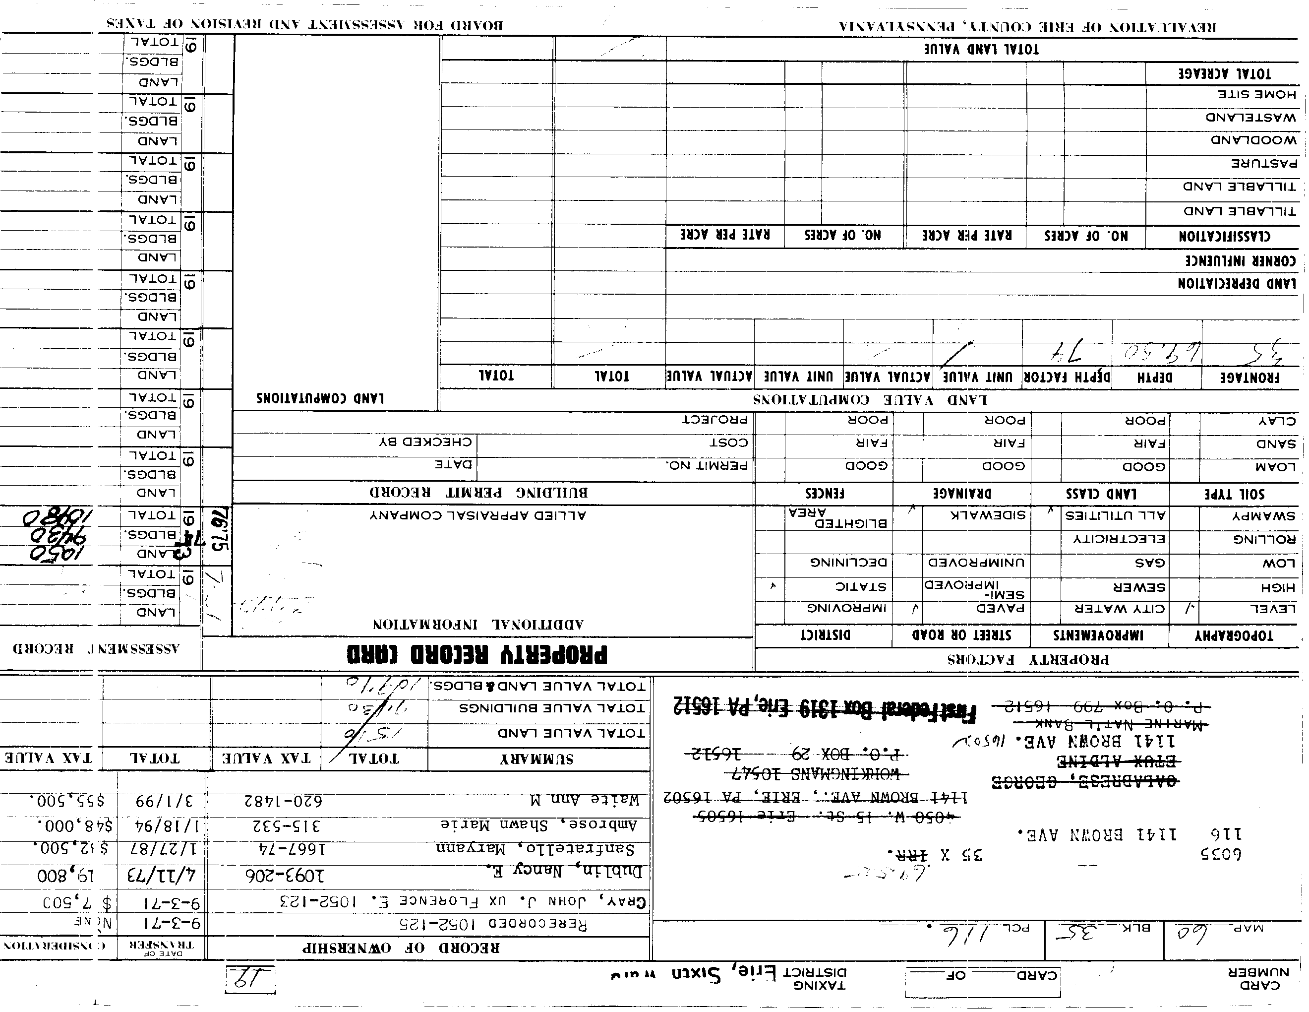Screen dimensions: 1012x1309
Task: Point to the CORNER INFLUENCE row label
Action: coord(1240,261)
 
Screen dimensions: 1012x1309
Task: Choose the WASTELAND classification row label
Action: coord(1251,118)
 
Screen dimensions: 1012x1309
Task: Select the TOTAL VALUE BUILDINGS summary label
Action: coord(552,708)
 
